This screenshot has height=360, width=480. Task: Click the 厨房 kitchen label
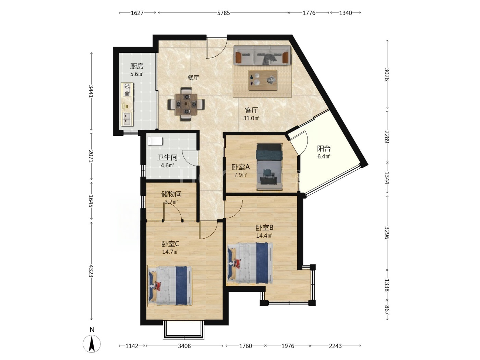137,66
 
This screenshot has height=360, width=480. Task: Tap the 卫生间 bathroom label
167,157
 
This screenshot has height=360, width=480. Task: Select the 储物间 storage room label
171,194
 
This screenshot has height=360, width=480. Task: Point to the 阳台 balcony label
324,149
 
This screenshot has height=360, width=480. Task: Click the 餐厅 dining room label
193,77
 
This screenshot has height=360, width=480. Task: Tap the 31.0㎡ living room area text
251,118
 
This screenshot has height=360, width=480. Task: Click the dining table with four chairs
186,104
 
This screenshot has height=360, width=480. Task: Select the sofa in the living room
262,55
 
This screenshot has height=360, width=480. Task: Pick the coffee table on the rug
263,80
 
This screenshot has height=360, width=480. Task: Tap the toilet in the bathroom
155,141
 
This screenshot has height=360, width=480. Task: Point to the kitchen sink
127,118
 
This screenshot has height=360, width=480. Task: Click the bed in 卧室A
269,167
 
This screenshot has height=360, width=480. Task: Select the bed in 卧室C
170,286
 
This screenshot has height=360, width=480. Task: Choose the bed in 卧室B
250,263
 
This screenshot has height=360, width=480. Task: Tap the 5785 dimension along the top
224,13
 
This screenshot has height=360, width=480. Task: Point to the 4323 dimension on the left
91,271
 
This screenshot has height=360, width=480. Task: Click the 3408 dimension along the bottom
184,346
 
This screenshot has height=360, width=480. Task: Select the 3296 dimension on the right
387,233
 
